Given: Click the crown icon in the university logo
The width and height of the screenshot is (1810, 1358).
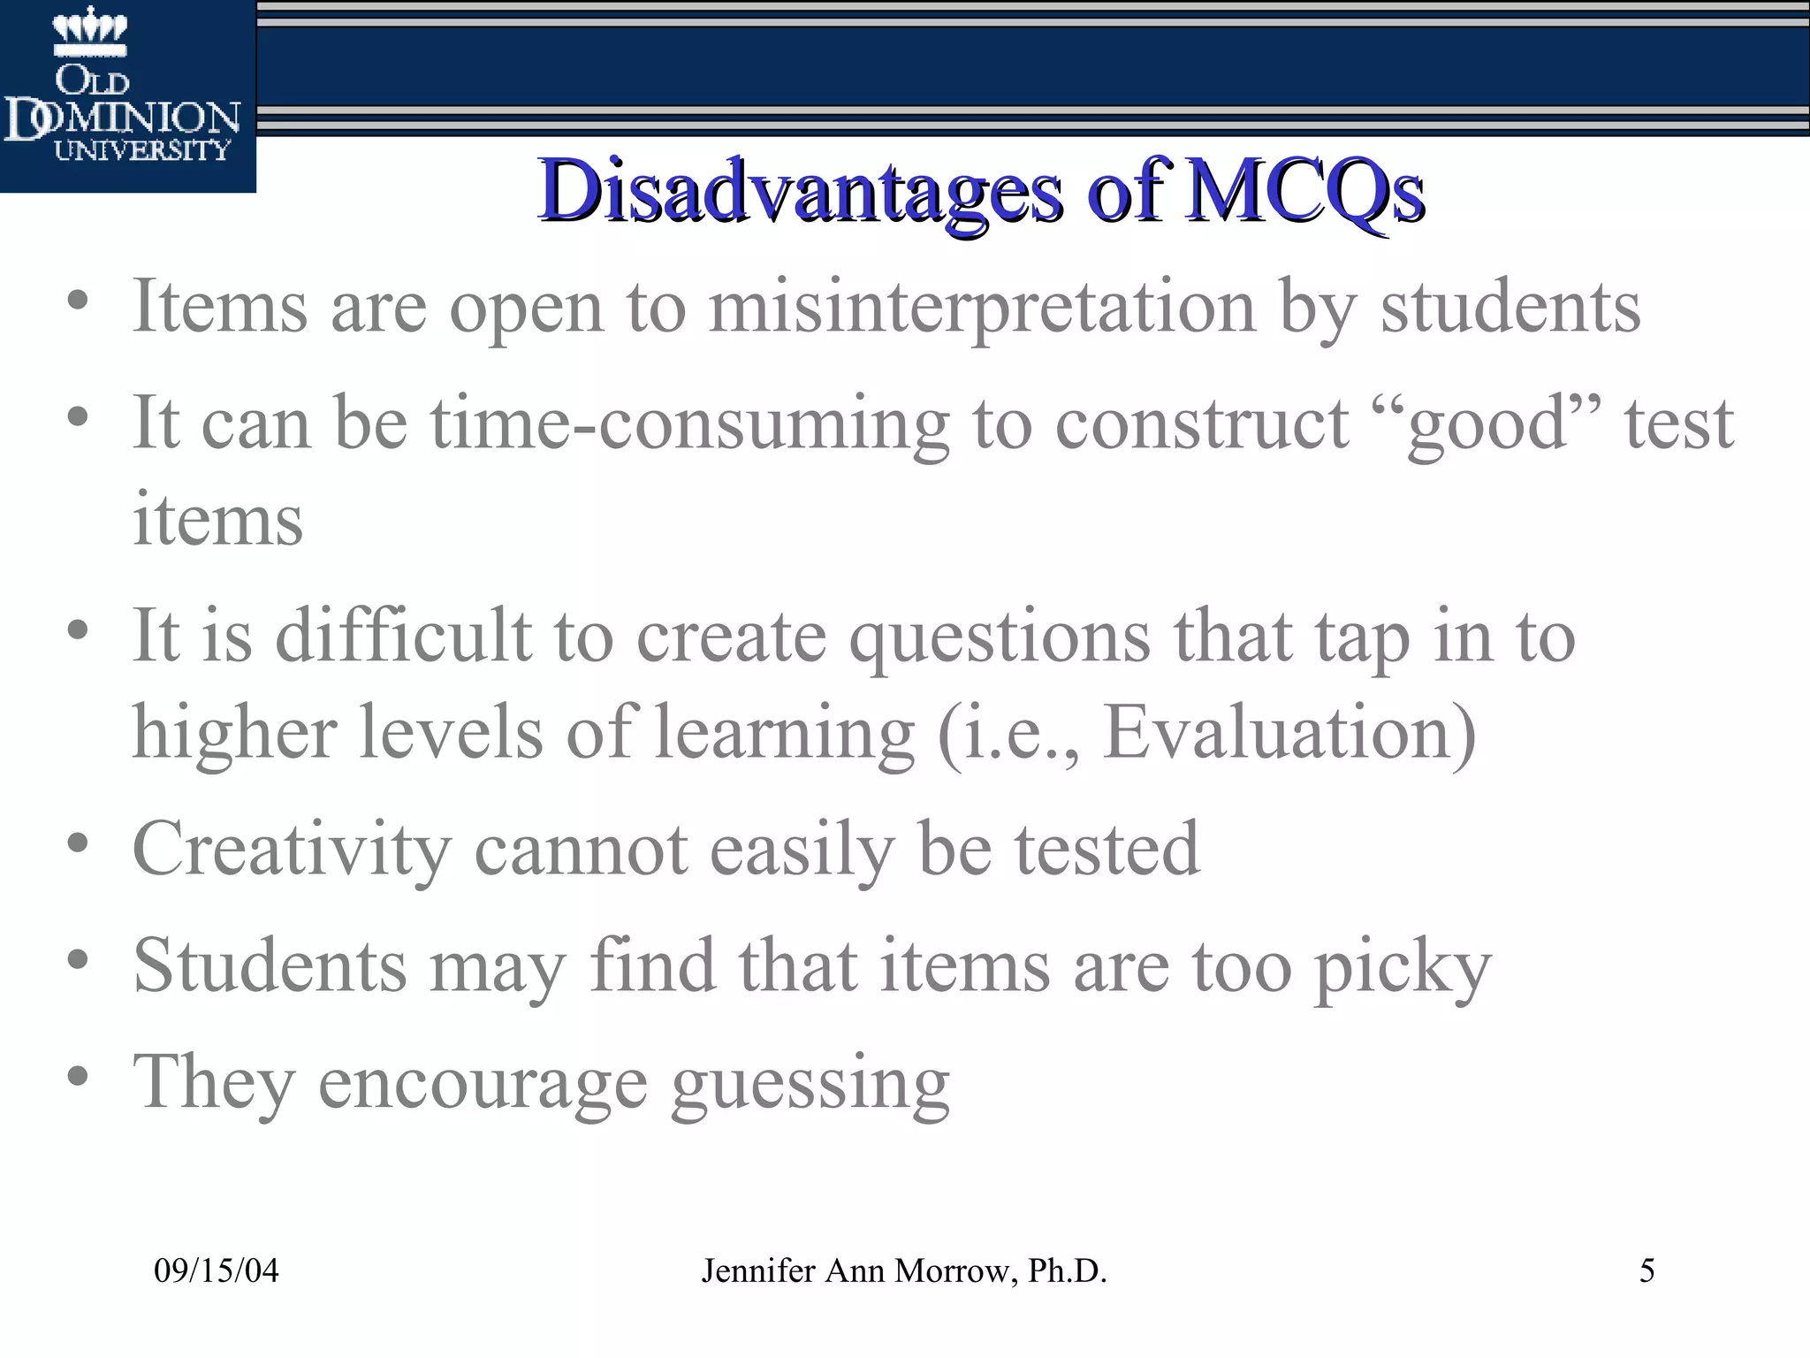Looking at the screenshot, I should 90,31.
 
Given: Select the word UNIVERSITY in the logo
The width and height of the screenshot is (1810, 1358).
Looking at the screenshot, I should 142,150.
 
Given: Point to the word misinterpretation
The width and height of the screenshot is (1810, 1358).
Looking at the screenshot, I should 981,307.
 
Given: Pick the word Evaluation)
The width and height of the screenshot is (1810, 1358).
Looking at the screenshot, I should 1289,734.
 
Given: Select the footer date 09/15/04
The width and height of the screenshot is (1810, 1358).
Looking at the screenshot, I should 217,1271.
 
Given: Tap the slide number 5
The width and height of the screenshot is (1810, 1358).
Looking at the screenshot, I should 1646,1271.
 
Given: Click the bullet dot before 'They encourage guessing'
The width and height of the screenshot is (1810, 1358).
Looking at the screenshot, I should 78,1076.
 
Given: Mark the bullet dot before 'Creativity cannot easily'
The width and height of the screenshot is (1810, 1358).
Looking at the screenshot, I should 78,842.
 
